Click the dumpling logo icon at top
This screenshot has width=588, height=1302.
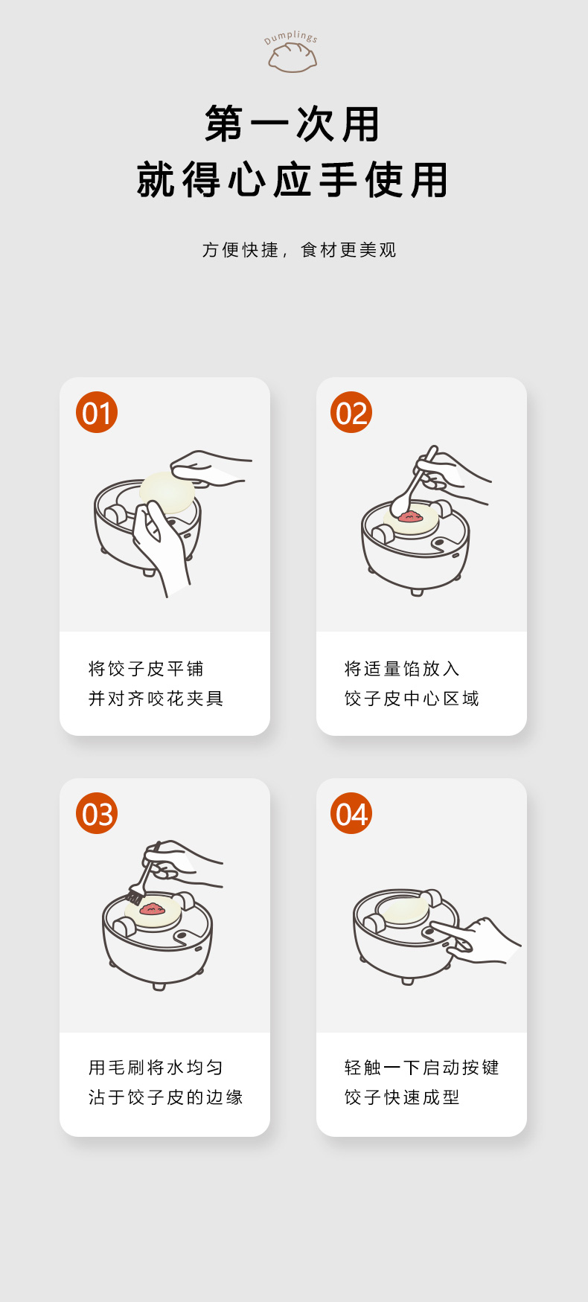(x=293, y=57)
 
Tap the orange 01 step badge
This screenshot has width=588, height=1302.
(x=97, y=412)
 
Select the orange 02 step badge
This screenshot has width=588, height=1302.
(x=351, y=412)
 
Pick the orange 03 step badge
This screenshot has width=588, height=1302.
(x=97, y=813)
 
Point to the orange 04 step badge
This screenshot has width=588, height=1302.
(x=351, y=813)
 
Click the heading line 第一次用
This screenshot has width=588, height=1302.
(x=293, y=124)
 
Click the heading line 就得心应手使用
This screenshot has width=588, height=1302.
(x=293, y=180)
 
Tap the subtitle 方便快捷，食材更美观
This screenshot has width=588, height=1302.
(x=299, y=250)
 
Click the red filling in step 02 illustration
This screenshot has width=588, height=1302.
(x=409, y=516)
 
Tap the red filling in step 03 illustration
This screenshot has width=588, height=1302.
(x=153, y=908)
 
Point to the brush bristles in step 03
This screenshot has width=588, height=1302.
(x=135, y=896)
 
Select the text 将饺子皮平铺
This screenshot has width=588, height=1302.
(x=146, y=669)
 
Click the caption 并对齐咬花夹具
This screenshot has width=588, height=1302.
(x=156, y=699)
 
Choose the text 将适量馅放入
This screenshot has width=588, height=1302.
(x=402, y=669)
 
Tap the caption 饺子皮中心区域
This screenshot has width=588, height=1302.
(x=412, y=699)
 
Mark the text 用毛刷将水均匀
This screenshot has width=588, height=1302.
(x=156, y=1068)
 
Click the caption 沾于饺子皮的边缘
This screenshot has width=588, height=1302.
(x=166, y=1097)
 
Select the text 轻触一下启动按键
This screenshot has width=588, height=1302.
(x=422, y=1068)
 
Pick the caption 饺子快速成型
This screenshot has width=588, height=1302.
(x=402, y=1097)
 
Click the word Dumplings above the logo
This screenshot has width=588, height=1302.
(x=291, y=37)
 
